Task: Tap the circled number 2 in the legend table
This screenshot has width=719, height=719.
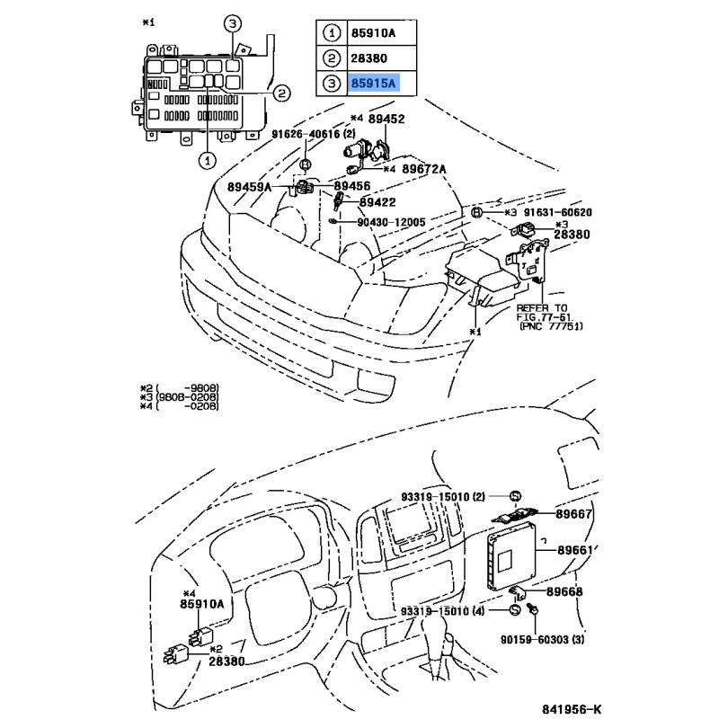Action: [332, 59]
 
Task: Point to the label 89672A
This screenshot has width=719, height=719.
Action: [424, 168]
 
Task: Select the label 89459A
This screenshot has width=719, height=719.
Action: [249, 187]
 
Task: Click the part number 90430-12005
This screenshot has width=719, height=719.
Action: [391, 221]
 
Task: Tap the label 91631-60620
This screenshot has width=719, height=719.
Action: [558, 212]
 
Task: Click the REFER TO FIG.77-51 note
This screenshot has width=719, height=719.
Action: [546, 316]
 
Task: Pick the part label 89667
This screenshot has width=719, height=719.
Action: [575, 515]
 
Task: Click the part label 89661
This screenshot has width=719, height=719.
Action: [576, 550]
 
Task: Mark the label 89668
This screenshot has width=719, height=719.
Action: [564, 591]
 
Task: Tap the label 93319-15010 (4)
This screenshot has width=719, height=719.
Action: [455, 610]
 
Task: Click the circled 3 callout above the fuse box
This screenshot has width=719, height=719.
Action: [232, 25]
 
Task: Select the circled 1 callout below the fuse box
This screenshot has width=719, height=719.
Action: [206, 160]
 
